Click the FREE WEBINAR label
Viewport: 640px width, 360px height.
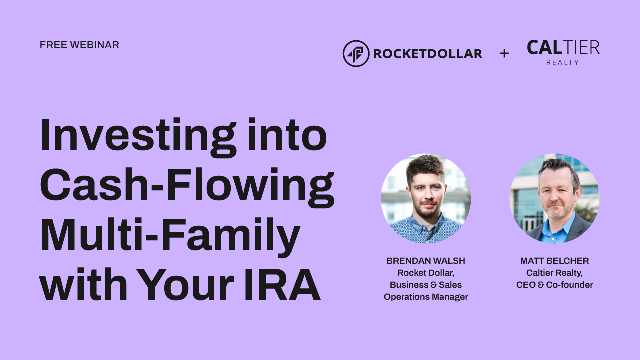pyautogui.click(x=79, y=45)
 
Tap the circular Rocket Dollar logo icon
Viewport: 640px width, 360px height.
pyautogui.click(x=356, y=53)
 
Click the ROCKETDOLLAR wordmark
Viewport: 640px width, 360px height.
pyautogui.click(x=428, y=54)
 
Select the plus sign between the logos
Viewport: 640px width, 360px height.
pyautogui.click(x=504, y=53)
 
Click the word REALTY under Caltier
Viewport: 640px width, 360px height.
pyautogui.click(x=563, y=62)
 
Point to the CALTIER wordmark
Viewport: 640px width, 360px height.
pyautogui.click(x=563, y=47)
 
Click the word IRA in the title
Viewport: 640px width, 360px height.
pyautogui.click(x=282, y=284)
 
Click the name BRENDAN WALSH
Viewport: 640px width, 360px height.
pyautogui.click(x=426, y=261)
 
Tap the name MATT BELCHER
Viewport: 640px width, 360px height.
pyautogui.click(x=554, y=261)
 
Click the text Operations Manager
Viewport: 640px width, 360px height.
pyautogui.click(x=426, y=297)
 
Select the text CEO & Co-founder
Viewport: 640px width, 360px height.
pyautogui.click(x=554, y=285)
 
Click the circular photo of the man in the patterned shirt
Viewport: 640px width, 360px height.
pyautogui.click(x=426, y=199)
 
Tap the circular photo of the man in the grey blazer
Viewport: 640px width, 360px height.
pyautogui.click(x=554, y=199)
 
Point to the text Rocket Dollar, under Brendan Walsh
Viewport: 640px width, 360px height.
pyautogui.click(x=426, y=273)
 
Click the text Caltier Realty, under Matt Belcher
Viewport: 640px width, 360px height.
pyautogui.click(x=554, y=273)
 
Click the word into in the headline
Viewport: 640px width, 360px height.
pyautogui.click(x=287, y=135)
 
